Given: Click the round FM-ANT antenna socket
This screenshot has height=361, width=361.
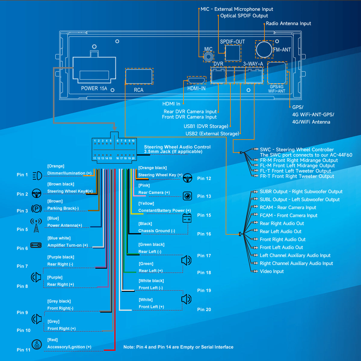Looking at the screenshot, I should tap(264, 49).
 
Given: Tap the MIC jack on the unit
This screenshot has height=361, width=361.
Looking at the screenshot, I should tap(208, 56).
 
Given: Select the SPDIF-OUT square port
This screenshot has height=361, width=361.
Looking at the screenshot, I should tap(233, 53).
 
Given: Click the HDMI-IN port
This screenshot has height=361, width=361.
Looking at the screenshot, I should tap(196, 80).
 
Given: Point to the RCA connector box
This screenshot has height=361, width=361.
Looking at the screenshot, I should tap(139, 76).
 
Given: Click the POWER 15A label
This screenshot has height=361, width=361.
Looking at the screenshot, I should tap(94, 88).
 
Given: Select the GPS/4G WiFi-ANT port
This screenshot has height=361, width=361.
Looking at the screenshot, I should tap(277, 73).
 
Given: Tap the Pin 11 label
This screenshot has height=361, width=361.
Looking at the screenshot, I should tap(23, 350).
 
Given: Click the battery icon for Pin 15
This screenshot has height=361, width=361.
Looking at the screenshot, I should tap(187, 218).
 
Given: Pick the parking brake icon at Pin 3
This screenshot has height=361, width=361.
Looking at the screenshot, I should tap(36, 208).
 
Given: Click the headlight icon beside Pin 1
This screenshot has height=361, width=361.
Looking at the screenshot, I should tap(37, 175).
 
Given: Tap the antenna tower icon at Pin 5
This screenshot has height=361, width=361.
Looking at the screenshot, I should tap(36, 226).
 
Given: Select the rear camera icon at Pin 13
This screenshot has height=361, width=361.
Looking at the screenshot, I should tap(187, 196).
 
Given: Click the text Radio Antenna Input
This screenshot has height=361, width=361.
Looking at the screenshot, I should tap(288, 23).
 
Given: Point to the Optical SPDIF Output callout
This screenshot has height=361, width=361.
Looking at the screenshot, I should tap(244, 16).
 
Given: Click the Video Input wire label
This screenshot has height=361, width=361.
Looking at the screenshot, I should tap(272, 271).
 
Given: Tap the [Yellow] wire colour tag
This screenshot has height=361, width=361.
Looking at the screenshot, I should tap(146, 204).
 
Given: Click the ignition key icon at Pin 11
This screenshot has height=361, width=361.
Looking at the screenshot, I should tap(37, 344).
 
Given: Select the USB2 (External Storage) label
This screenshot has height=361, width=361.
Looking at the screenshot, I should tap(212, 134).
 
